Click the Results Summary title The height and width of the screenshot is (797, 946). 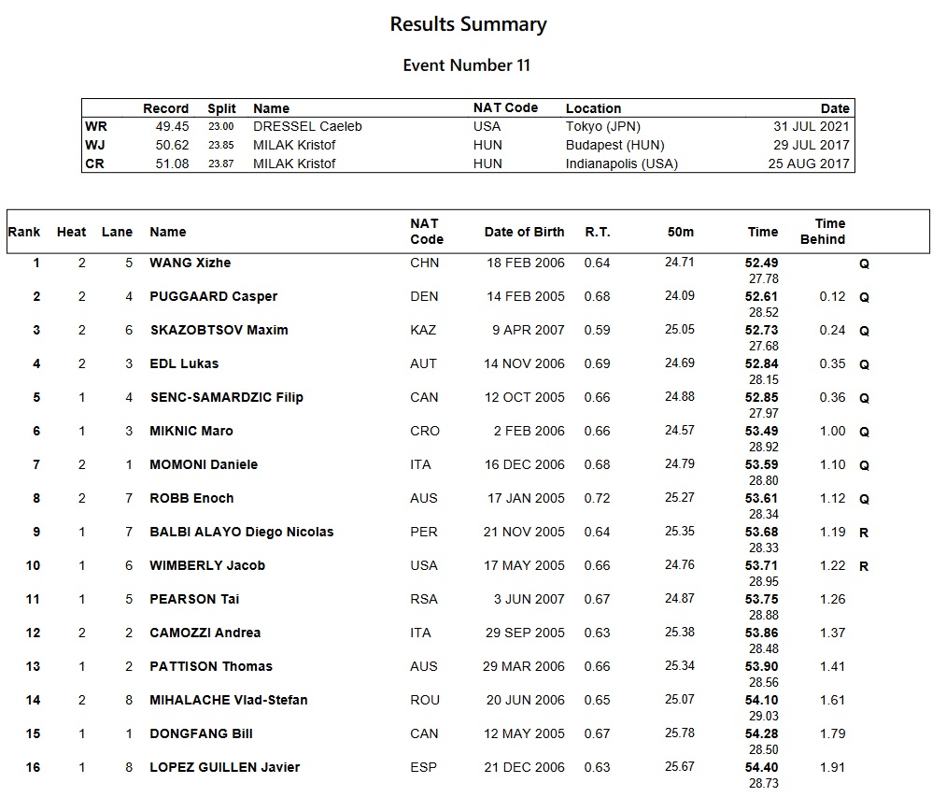click(x=468, y=24)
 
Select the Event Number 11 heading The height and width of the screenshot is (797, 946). click(x=466, y=65)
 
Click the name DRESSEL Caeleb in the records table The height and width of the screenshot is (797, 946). click(x=307, y=126)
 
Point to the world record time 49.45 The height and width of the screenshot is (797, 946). click(x=172, y=126)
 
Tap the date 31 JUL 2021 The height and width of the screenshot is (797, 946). click(x=809, y=126)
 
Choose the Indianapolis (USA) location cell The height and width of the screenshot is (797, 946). click(x=621, y=164)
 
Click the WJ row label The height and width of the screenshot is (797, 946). click(x=94, y=145)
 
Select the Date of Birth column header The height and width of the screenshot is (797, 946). click(x=524, y=232)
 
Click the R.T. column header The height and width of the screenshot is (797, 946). click(x=598, y=232)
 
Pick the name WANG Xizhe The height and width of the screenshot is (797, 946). click(x=190, y=263)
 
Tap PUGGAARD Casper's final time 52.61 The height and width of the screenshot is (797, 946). click(x=762, y=296)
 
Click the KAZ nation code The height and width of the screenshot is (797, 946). click(x=423, y=330)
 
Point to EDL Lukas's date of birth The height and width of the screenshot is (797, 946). click(x=524, y=363)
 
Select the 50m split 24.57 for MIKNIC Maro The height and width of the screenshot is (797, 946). click(x=679, y=431)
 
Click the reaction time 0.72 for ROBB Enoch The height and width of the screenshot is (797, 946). click(x=597, y=498)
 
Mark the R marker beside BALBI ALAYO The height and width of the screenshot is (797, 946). click(x=864, y=532)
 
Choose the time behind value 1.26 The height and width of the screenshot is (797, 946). click(x=831, y=599)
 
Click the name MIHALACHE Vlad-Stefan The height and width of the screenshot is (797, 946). click(x=228, y=700)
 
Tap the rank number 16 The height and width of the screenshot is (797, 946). click(x=33, y=767)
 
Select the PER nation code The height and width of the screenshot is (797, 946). click(x=423, y=532)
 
